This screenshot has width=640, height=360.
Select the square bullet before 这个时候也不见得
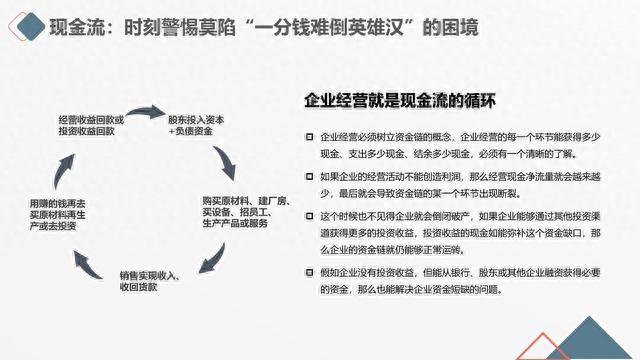pyautogui.click(x=310, y=216)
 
